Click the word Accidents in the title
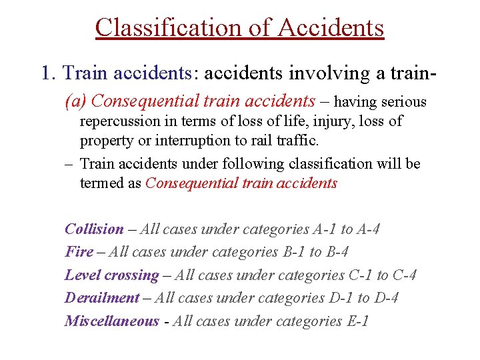click(331, 28)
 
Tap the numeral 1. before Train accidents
click(49, 73)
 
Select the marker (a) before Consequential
click(76, 101)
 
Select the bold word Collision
click(94, 229)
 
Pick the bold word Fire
click(79, 252)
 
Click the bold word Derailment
click(102, 298)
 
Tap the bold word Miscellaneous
click(112, 321)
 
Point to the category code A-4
click(369, 229)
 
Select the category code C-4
click(405, 275)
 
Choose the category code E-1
click(357, 321)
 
